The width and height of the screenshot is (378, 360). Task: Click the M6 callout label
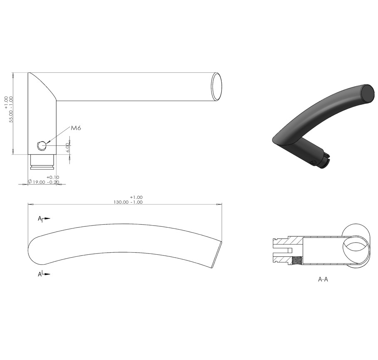click(76, 128)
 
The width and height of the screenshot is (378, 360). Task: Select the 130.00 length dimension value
click(121, 202)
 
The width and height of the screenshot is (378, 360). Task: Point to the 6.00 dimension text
click(68, 147)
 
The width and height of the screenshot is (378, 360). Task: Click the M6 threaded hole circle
click(41, 146)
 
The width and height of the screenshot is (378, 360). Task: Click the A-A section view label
click(323, 279)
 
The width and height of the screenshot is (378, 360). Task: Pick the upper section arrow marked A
click(44, 218)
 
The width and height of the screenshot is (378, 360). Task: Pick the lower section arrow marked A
click(44, 274)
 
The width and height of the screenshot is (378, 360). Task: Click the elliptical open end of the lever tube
click(216, 87)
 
